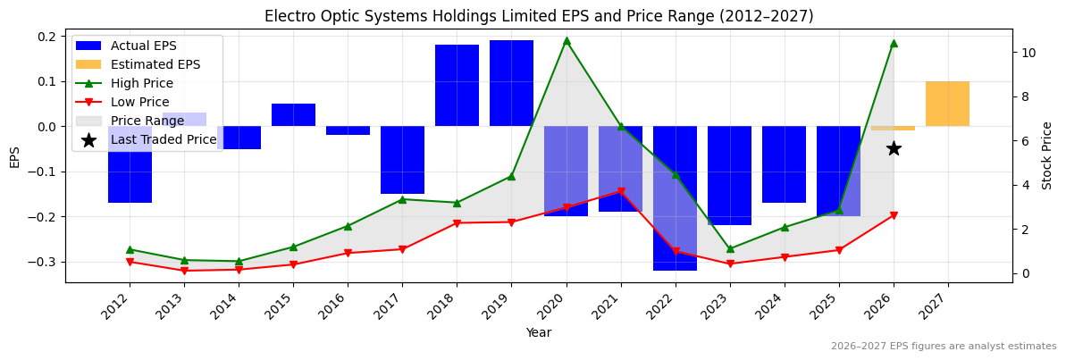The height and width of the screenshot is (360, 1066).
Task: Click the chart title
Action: tap(539, 16)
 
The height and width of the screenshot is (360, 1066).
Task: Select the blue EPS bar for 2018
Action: tap(457, 86)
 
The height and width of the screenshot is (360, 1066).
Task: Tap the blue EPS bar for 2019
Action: tap(511, 83)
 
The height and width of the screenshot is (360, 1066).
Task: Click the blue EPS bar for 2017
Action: tap(402, 160)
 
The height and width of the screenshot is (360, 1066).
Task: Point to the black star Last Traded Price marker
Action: tap(894, 148)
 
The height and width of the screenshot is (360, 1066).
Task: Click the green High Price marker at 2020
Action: tap(567, 41)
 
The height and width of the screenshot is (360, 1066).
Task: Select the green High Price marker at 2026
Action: tap(894, 43)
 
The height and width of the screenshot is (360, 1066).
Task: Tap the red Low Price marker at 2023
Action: tap(730, 264)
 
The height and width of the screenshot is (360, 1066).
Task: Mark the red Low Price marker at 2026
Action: tap(894, 215)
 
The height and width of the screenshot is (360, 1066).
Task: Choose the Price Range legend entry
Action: tap(147, 121)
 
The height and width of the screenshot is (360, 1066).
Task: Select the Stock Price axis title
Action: tap(1047, 155)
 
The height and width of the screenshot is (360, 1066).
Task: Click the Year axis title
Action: tap(539, 333)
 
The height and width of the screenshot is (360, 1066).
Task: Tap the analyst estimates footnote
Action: tap(944, 347)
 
